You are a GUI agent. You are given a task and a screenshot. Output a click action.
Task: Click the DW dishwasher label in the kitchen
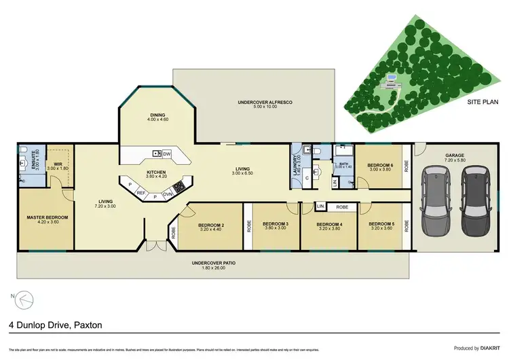[x=166, y=154]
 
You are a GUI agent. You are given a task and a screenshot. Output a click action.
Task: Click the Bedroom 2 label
[x=211, y=226]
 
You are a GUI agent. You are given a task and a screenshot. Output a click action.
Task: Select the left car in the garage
[x=435, y=200]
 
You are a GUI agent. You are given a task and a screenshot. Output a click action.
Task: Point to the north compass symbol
[x=22, y=298]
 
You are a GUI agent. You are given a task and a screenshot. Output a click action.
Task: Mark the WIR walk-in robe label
[x=58, y=166]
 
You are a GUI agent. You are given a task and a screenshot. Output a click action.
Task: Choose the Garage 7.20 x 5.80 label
[x=455, y=157]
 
